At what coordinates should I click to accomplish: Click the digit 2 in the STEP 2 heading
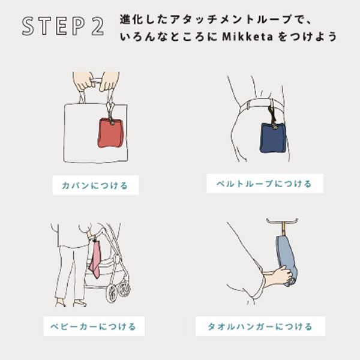[x=98, y=26]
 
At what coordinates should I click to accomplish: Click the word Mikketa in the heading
[x=247, y=37]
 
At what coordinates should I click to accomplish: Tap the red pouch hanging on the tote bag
[x=111, y=133]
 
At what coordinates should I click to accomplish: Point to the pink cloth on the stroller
[x=95, y=259]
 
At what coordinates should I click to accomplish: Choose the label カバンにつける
[x=95, y=185]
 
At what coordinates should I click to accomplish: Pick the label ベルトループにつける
[x=265, y=184]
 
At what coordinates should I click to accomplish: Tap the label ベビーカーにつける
[x=94, y=326]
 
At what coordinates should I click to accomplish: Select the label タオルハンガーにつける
[x=260, y=326]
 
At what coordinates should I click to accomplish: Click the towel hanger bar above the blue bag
[x=282, y=222]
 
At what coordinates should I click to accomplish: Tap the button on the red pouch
[x=113, y=123]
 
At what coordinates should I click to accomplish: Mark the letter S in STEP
[x=28, y=26]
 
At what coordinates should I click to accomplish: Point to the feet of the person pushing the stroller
[x=71, y=303]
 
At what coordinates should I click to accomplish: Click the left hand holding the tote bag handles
[x=84, y=81]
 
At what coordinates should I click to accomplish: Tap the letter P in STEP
[x=79, y=26]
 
